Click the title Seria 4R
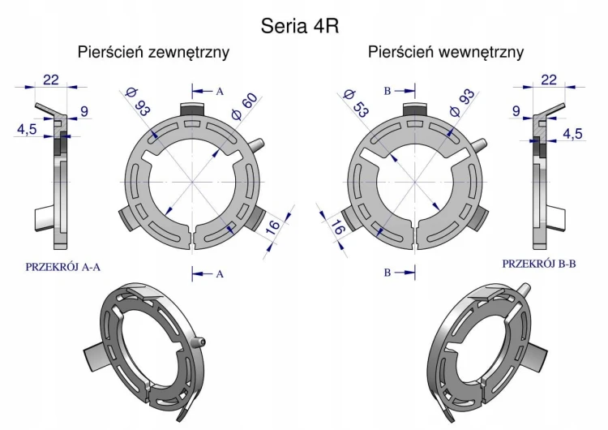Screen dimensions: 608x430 (x=300, y=26)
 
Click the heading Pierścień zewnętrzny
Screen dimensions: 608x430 (x=153, y=52)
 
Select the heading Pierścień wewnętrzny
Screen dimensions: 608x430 (x=446, y=52)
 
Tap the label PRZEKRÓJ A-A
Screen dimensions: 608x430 (x=62, y=267)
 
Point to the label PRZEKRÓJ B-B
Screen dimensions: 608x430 (x=539, y=264)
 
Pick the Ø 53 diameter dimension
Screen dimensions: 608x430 (x=356, y=103)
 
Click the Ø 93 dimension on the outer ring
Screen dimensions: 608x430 (x=138, y=102)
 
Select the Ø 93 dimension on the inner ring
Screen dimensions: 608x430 (x=462, y=102)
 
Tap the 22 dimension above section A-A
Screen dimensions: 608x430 (x=51, y=80)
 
